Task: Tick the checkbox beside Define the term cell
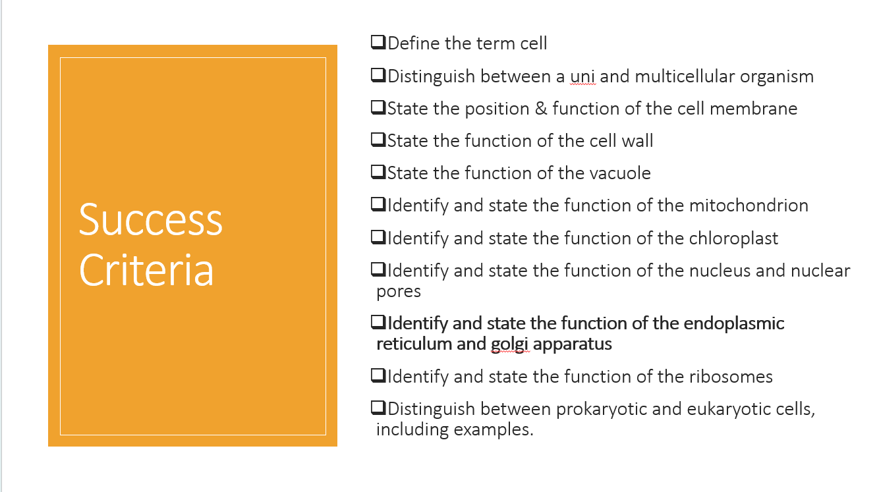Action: coord(378,43)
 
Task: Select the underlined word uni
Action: coord(582,76)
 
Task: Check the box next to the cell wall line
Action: coord(378,140)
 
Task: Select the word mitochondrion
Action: coord(749,205)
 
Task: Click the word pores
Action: coord(399,290)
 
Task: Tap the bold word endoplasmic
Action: coord(734,323)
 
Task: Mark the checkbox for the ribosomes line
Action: coord(378,376)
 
